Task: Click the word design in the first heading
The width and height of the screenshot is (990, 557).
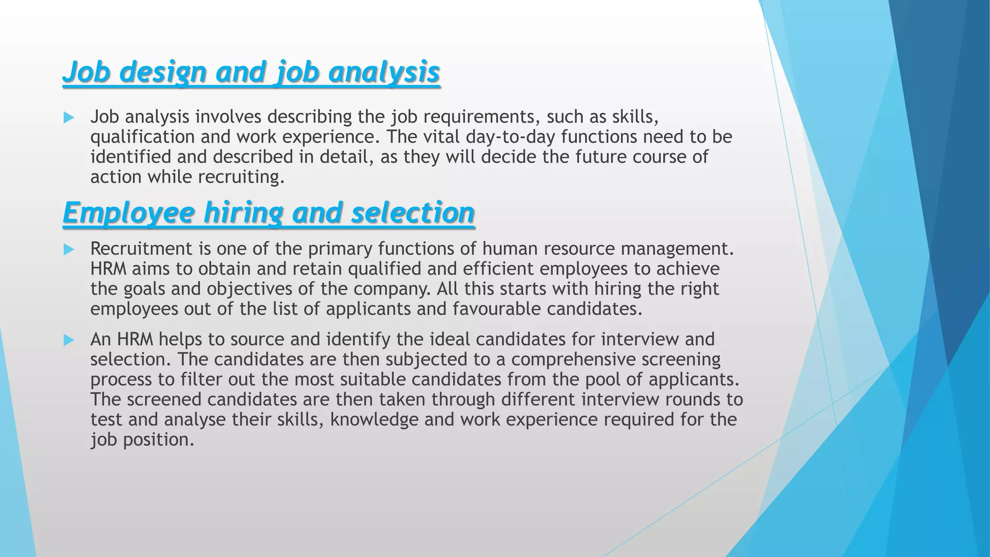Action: (163, 72)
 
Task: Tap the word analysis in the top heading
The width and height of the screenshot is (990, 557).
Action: (384, 72)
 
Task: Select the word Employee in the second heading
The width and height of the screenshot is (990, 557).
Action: (128, 213)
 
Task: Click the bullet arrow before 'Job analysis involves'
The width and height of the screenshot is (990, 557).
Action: (69, 117)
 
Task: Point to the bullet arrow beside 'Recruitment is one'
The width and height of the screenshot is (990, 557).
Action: (69, 249)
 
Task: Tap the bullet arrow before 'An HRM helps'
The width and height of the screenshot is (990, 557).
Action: (69, 340)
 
